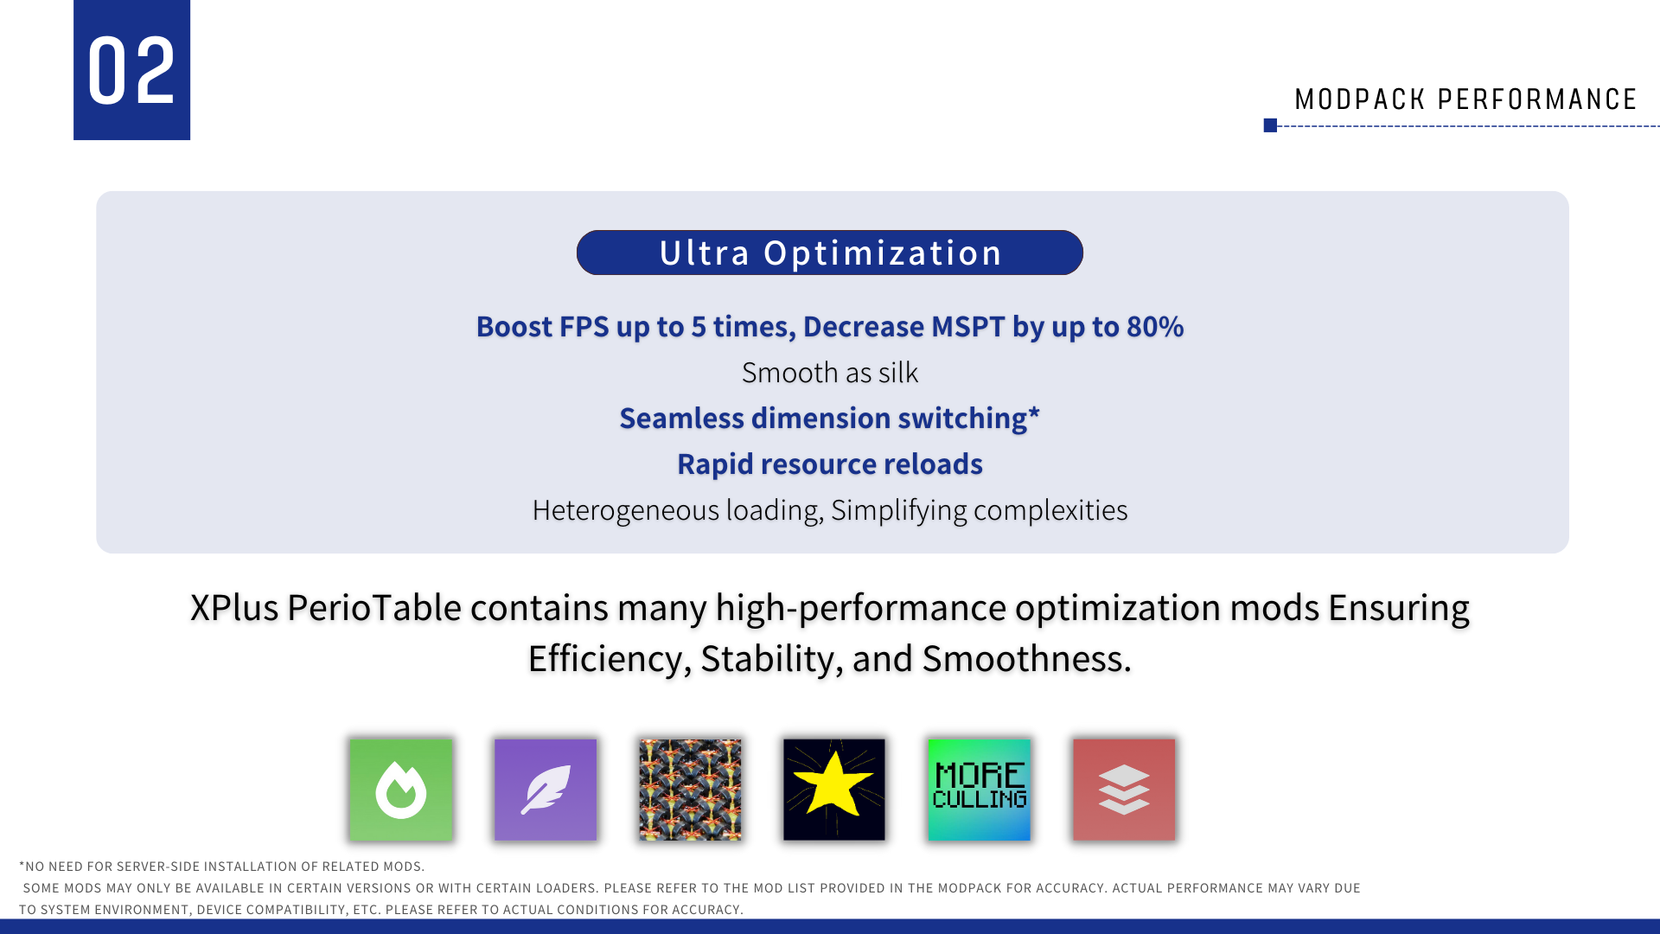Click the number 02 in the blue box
click(x=131, y=72)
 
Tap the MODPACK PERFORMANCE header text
click(x=1465, y=99)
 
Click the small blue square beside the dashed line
click(x=1270, y=125)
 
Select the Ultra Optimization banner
click(x=830, y=253)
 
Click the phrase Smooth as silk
click(x=830, y=373)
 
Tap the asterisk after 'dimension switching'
click(x=1034, y=413)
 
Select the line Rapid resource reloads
click(x=830, y=464)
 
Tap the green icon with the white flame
click(x=401, y=790)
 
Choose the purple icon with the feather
click(x=546, y=790)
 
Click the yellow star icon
click(x=834, y=790)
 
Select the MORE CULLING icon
click(x=979, y=790)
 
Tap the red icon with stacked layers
click(x=1124, y=790)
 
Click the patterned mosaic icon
click(x=690, y=790)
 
